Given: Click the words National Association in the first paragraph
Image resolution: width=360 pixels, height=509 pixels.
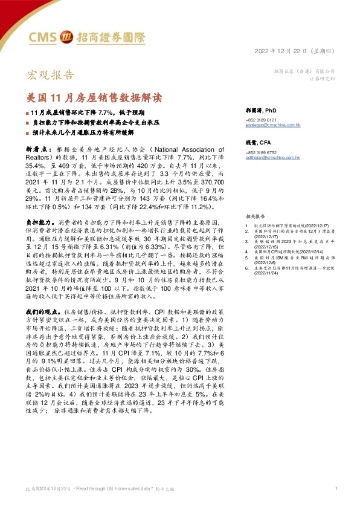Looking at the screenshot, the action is pyautogui.click(x=191, y=149).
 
